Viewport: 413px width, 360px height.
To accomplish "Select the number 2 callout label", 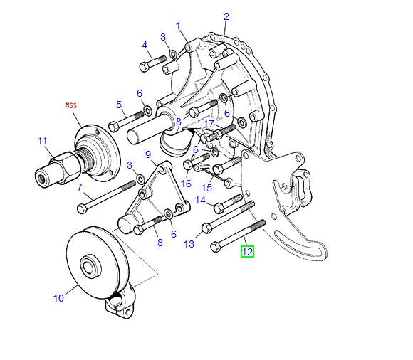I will tap(226, 16).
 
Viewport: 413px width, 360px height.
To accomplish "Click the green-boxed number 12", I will tap(247, 251).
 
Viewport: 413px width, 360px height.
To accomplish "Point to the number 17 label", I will tap(209, 124).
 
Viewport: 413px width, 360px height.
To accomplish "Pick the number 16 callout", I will tap(187, 183).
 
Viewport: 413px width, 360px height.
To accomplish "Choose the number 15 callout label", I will tap(207, 188).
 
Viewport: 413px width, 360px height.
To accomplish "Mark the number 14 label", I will tap(201, 201).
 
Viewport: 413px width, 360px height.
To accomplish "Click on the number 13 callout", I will tap(189, 244).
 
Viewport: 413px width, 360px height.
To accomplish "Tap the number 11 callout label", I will tap(42, 141).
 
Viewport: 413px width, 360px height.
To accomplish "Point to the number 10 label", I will tap(59, 297).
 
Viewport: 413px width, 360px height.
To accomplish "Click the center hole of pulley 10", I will tap(91, 268).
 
